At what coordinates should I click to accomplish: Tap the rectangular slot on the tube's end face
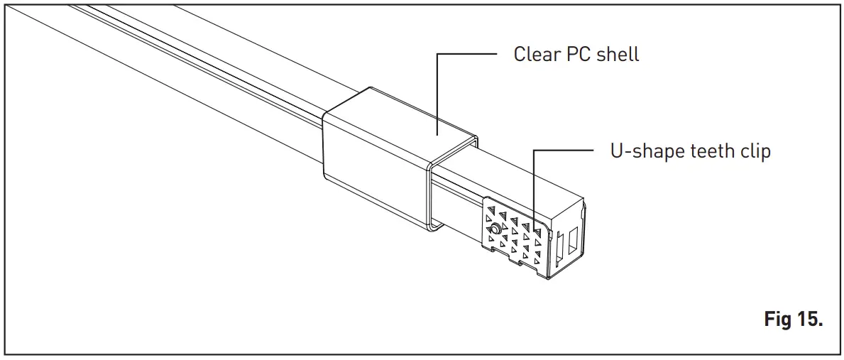tap(573, 244)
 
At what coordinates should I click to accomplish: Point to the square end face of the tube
tap(568, 241)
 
